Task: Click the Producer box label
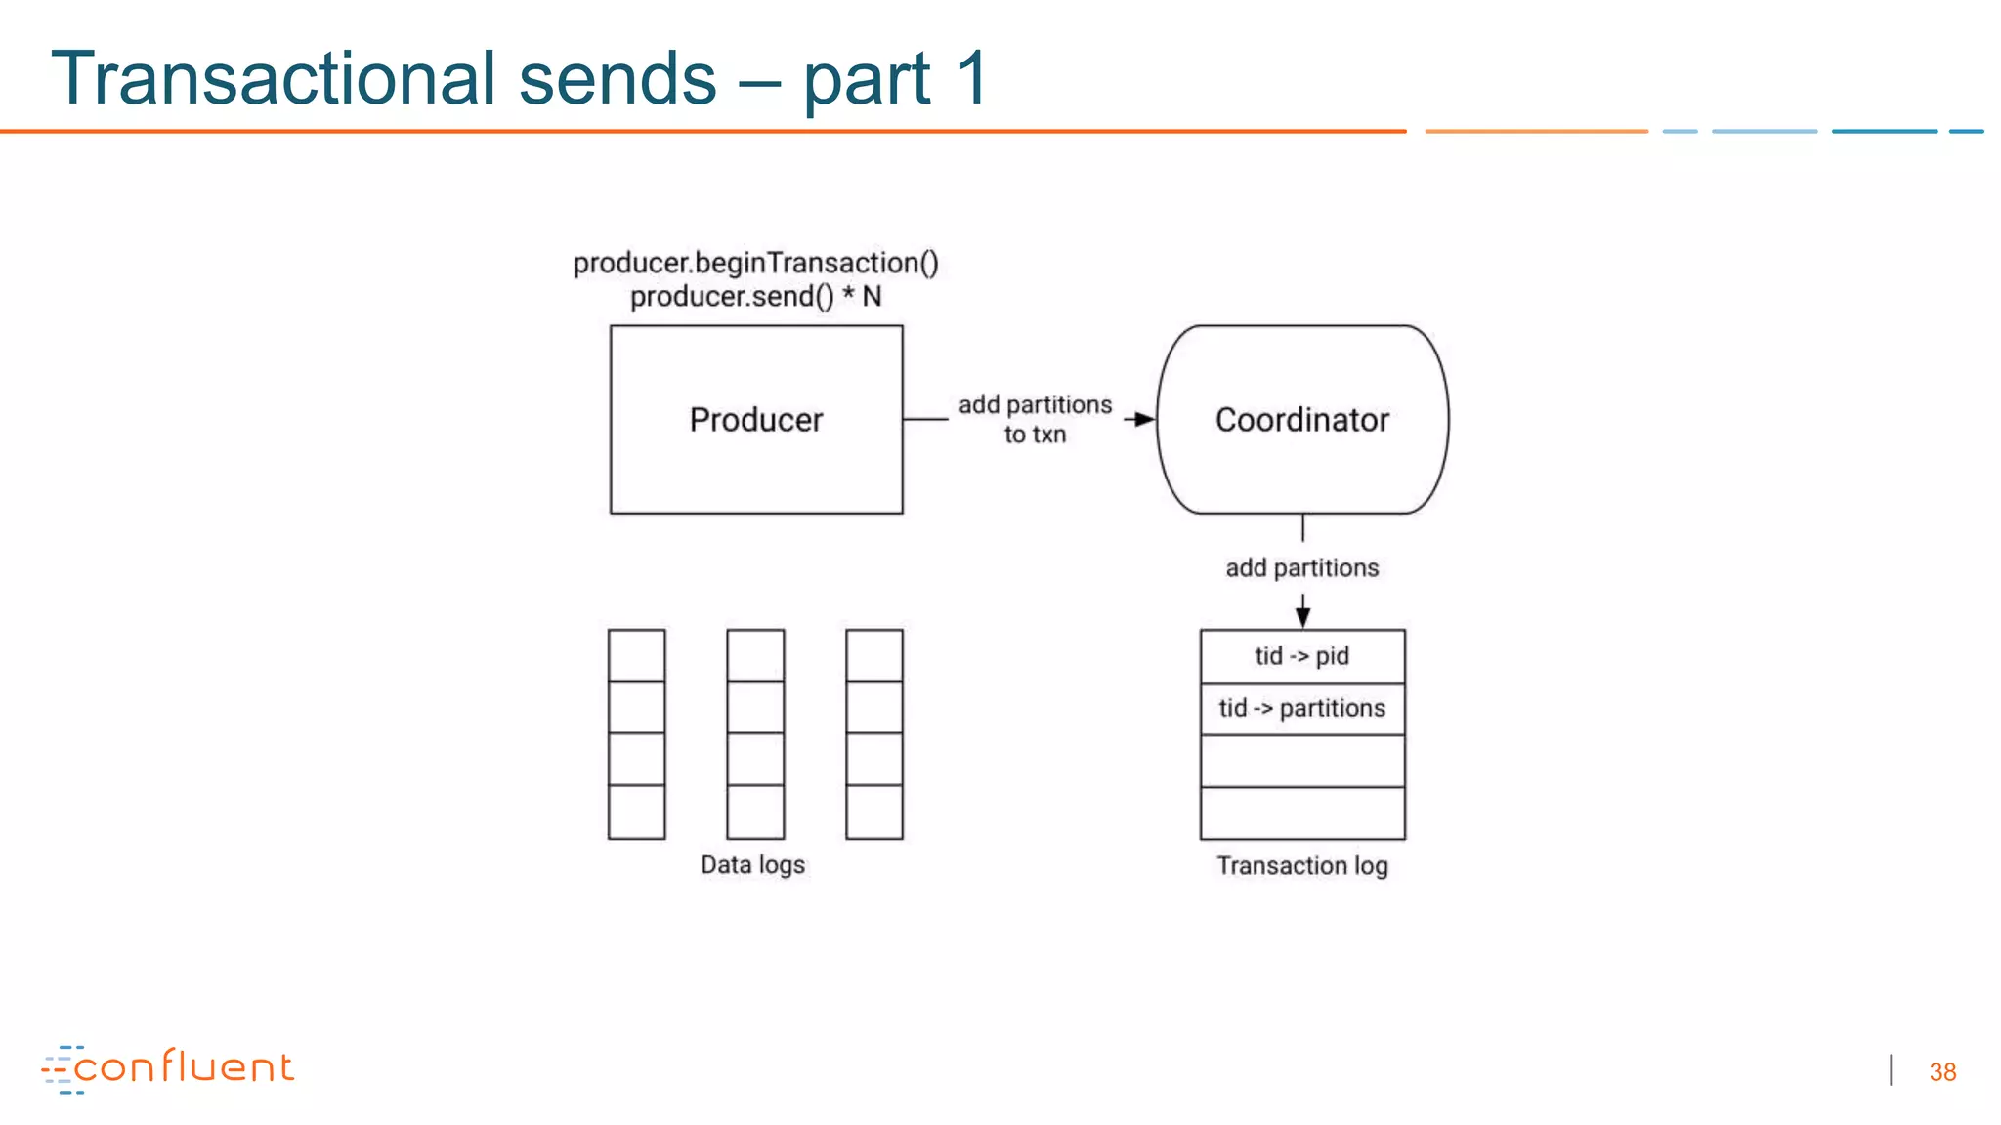[x=755, y=420]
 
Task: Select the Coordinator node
[x=1301, y=420]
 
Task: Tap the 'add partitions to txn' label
[x=1035, y=419]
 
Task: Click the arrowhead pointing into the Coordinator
[x=1144, y=420]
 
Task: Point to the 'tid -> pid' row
[x=1301, y=656]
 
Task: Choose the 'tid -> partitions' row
[x=1301, y=708]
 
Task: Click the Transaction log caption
[x=1301, y=866]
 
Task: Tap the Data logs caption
[x=752, y=865]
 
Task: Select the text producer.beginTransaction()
[x=755, y=263]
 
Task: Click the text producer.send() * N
[x=755, y=297]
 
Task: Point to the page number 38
[x=1942, y=1072]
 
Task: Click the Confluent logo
[x=168, y=1068]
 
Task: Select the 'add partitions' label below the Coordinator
[x=1301, y=568]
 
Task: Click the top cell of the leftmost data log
[x=636, y=655]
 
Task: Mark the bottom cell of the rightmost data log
[x=873, y=812]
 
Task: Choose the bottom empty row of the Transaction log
[x=1301, y=813]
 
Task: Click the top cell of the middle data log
[x=755, y=655]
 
